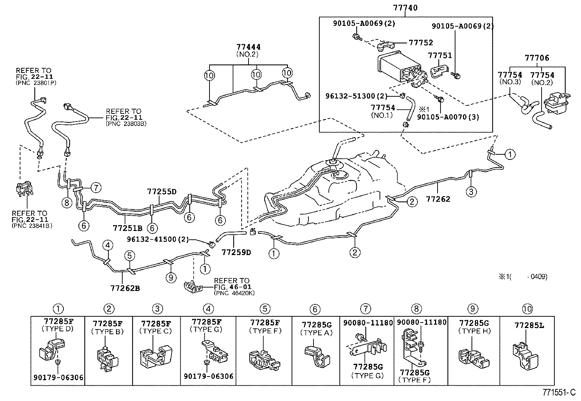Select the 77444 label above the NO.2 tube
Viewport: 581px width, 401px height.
[249, 47]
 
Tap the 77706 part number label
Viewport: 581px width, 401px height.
[537, 58]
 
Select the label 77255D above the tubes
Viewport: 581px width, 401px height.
[162, 192]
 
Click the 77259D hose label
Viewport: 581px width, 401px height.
[236, 252]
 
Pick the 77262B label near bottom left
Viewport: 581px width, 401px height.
[125, 288]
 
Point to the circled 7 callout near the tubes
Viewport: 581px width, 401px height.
[95, 188]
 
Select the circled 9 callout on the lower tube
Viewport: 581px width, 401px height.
[170, 278]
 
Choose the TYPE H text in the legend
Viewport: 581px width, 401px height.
[474, 331]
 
